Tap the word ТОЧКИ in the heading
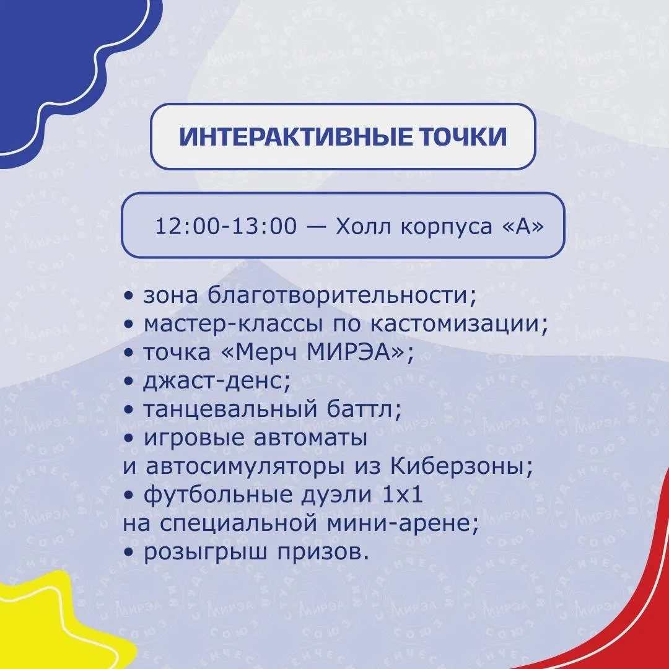[x=464, y=136]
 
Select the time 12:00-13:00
[x=225, y=225]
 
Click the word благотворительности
[x=342, y=295]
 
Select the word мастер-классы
[x=233, y=324]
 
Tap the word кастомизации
[x=458, y=324]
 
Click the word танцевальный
[x=230, y=409]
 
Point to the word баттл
[x=364, y=409]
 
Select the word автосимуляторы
[x=245, y=466]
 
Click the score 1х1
[x=403, y=494]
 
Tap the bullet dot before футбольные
[x=129, y=496]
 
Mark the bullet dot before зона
[x=129, y=296]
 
